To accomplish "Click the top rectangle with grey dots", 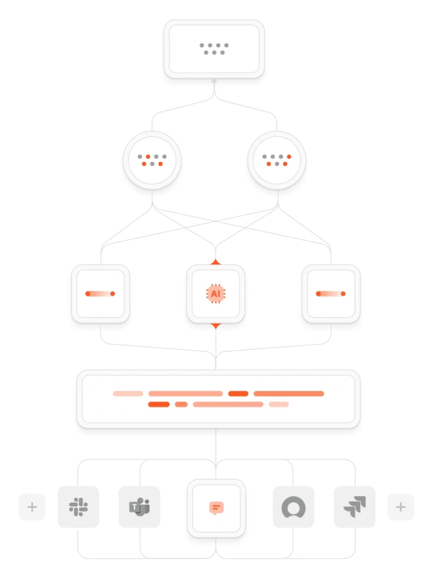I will tap(214, 49).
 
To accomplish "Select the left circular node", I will tap(151, 160).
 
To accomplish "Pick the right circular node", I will tap(276, 160).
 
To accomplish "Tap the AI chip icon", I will tap(215, 293).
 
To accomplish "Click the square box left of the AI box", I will tap(100, 293).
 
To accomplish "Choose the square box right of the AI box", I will tap(331, 293).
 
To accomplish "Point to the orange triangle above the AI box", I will tap(215, 261).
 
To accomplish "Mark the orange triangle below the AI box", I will tap(215, 326).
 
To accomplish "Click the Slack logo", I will tap(77, 507).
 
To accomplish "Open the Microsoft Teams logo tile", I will tap(140, 507).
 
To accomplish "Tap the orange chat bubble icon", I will tap(215, 508).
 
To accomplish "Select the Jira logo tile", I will tap(354, 507).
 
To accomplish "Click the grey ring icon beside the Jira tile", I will tap(293, 507).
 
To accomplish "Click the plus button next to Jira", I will tap(400, 507).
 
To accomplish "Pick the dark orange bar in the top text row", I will tap(238, 394).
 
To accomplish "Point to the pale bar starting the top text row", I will tap(128, 394).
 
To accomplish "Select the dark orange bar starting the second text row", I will tap(159, 404).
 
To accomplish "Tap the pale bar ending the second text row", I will tap(279, 404).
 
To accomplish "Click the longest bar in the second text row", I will tap(228, 404).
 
